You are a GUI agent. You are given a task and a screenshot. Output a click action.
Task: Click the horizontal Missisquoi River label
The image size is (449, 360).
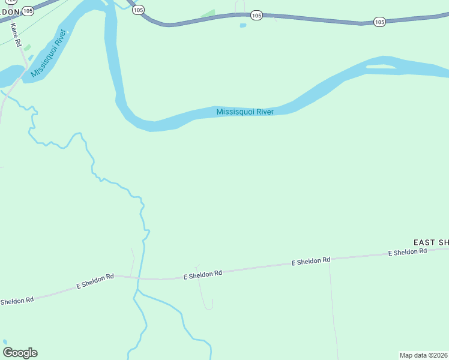point(245,112)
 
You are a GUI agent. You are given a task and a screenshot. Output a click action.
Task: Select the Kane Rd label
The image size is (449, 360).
point(16,35)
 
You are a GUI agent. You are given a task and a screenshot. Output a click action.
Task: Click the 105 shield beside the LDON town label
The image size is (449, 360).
point(28,11)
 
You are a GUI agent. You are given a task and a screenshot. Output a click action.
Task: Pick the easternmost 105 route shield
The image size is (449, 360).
point(379,22)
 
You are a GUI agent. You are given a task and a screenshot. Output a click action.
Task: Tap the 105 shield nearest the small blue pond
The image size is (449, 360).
point(257,15)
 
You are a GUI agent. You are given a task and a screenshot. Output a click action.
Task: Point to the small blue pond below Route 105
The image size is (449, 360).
point(243,25)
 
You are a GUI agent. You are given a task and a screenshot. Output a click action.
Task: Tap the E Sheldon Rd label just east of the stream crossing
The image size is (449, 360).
point(202,274)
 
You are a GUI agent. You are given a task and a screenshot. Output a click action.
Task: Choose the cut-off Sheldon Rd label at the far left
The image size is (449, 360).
point(16,300)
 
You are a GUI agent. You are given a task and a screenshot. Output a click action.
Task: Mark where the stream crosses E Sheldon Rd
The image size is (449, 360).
point(138,278)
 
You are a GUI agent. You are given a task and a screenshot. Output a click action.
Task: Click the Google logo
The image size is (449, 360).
point(20,353)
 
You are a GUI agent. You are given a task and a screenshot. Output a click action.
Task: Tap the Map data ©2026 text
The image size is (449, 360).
point(423,355)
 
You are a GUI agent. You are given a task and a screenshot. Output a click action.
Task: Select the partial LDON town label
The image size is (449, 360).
point(10,12)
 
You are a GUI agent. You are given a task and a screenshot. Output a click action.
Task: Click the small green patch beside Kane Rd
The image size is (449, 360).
point(27,48)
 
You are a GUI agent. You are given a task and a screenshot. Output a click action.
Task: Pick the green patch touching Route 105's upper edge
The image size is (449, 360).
point(208,14)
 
